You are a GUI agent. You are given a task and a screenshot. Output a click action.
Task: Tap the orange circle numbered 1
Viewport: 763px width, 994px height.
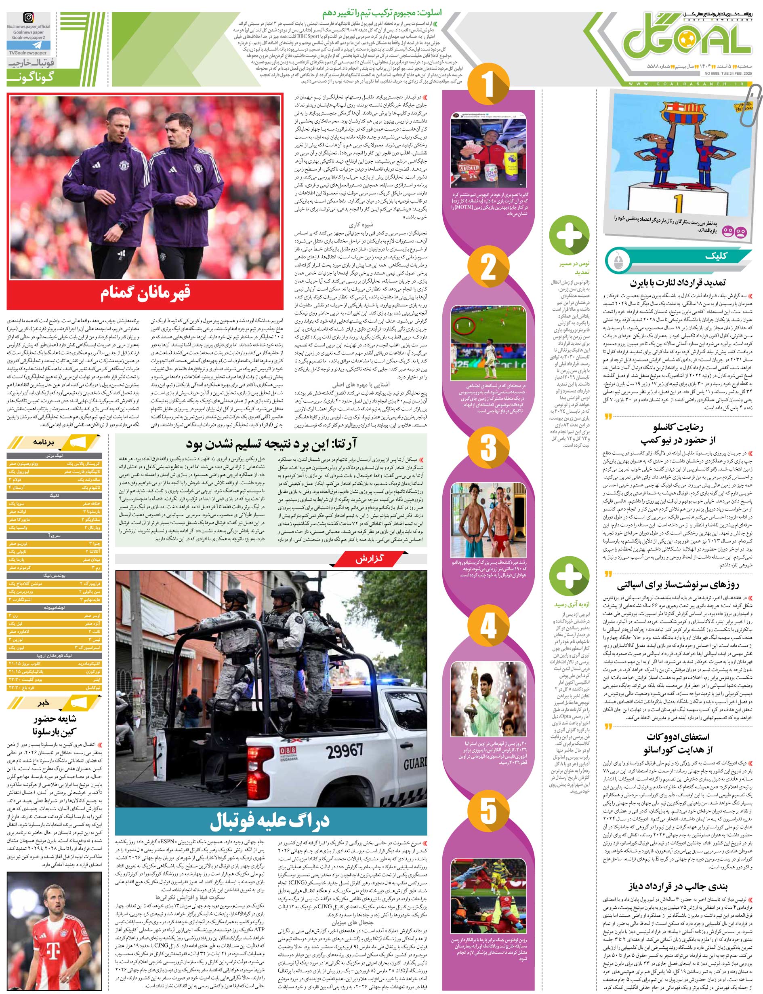coord(488,84)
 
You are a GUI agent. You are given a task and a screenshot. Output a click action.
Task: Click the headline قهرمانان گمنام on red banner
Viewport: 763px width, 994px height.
coord(146,293)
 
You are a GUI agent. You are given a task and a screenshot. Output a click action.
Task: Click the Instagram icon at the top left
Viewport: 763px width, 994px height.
coord(29,18)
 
